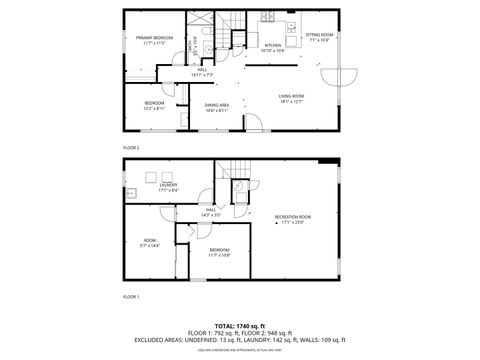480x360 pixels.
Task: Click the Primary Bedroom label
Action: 153,37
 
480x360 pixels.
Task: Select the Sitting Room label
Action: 319,35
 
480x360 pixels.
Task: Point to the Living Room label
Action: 291,95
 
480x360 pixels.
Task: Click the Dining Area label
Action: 217,104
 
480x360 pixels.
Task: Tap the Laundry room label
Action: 168,185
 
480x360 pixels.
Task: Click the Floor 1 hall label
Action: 212,210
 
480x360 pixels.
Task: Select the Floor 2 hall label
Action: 202,68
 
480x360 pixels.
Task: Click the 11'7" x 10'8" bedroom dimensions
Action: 219,255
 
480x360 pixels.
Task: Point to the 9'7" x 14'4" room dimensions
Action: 150,245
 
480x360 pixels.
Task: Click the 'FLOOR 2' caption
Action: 131,147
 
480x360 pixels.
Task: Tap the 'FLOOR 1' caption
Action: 131,297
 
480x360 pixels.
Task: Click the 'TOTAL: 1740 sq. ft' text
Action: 239,326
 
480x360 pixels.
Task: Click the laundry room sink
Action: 131,190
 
